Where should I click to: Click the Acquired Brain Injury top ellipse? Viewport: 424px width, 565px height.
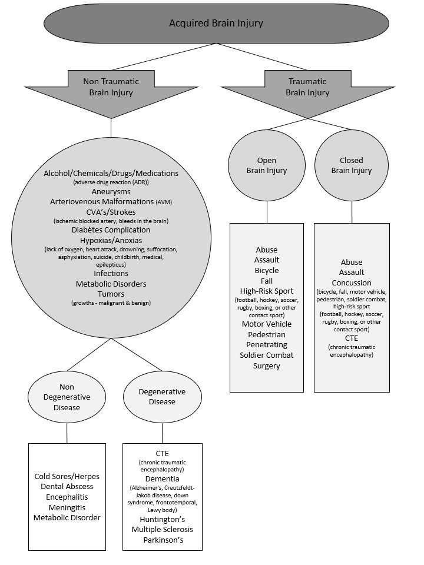pyautogui.click(x=216, y=23)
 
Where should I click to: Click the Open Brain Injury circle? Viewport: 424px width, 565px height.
pyautogui.click(x=267, y=165)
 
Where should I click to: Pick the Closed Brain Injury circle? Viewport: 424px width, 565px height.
pyautogui.click(x=352, y=165)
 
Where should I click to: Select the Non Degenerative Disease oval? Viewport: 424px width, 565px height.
pyautogui.click(x=67, y=397)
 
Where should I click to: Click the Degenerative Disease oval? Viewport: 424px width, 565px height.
pyautogui.click(x=163, y=397)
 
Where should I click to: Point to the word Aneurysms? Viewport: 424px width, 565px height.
pyautogui.click(x=111, y=192)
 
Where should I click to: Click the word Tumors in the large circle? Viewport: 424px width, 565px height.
pyautogui.click(x=111, y=294)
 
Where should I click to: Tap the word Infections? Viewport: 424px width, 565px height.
pyautogui.click(x=111, y=274)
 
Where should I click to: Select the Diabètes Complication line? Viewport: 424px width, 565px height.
pyautogui.click(x=111, y=230)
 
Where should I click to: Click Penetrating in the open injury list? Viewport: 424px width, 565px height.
pyautogui.click(x=267, y=345)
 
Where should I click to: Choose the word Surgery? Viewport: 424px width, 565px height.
pyautogui.click(x=267, y=365)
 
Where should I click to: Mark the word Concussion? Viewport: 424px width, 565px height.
pyautogui.click(x=352, y=283)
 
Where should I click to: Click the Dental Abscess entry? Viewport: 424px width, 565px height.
pyautogui.click(x=67, y=487)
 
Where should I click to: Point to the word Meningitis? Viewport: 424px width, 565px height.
pyautogui.click(x=67, y=507)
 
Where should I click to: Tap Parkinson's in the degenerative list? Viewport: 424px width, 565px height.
pyautogui.click(x=163, y=540)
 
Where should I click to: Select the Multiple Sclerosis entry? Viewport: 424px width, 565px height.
pyautogui.click(x=163, y=529)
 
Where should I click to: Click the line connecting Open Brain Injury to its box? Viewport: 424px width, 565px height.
pyautogui.click(x=267, y=212)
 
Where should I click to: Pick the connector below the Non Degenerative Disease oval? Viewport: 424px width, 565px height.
pyautogui.click(x=67, y=433)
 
